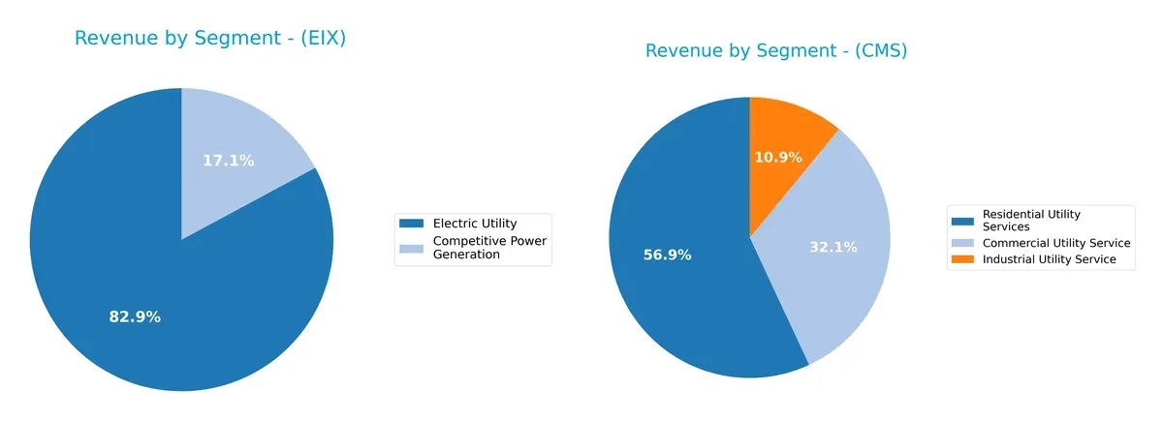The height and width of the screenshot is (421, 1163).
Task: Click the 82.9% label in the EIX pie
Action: point(135,316)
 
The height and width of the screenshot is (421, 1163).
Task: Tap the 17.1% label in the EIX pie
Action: point(229,161)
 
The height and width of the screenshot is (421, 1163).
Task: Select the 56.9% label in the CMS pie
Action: point(668,255)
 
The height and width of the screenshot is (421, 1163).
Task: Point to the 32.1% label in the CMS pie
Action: point(833,247)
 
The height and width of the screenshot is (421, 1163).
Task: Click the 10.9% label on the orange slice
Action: point(777,157)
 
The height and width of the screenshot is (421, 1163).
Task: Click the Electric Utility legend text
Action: point(475,224)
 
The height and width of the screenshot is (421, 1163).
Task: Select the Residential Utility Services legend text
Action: point(1031,220)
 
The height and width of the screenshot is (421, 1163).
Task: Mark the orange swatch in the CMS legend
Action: point(963,259)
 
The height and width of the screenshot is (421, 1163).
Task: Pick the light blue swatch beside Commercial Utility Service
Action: point(963,243)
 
